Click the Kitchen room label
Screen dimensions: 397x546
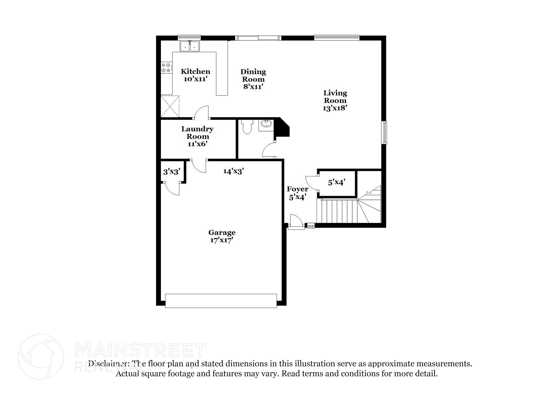[x=195, y=71]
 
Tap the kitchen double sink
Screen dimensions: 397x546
[x=190, y=46]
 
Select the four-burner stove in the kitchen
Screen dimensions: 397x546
[x=166, y=68]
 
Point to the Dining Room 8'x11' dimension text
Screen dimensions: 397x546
[x=253, y=87]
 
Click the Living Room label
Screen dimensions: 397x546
[x=335, y=97]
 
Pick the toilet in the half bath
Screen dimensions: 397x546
[x=247, y=127]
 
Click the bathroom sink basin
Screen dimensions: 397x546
[x=266, y=123]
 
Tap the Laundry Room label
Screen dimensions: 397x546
[x=197, y=133]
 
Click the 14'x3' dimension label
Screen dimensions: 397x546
[x=234, y=171]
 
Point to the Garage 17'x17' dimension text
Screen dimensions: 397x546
[x=222, y=240]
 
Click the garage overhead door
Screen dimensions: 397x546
[x=221, y=301]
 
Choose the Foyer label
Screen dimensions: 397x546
[x=298, y=189]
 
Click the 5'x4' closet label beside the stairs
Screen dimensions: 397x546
[x=337, y=182]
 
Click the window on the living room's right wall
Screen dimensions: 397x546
[x=384, y=133]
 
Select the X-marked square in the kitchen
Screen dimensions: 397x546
[x=170, y=106]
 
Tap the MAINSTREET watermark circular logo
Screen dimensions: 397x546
[x=41, y=356]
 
